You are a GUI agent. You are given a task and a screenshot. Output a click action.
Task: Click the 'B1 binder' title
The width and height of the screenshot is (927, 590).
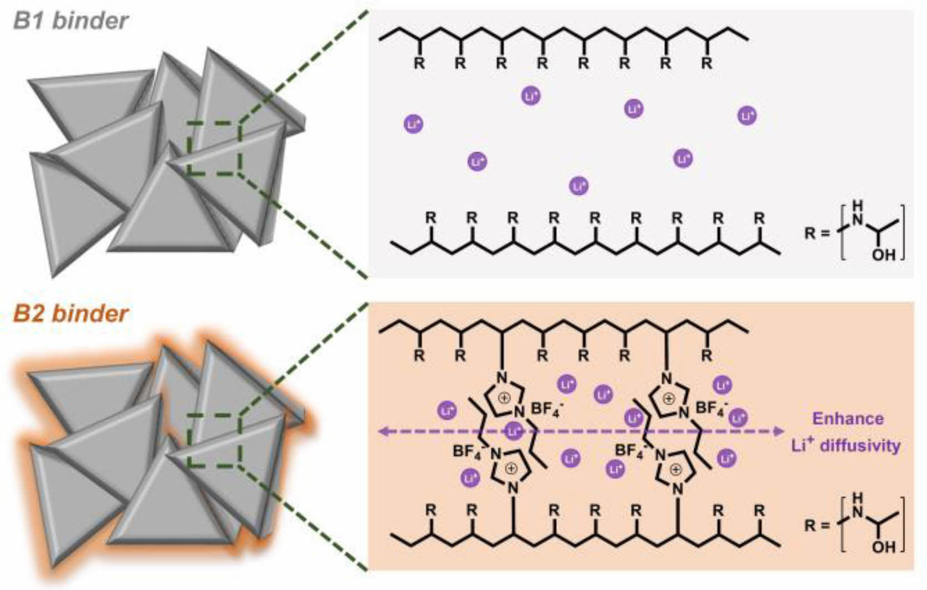[x=71, y=21]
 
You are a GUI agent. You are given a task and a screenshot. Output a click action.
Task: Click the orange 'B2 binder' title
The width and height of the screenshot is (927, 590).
[x=71, y=313]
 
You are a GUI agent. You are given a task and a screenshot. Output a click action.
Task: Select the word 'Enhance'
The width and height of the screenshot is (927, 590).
[x=847, y=418]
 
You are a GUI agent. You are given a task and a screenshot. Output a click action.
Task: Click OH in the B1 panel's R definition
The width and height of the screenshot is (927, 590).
[x=883, y=255]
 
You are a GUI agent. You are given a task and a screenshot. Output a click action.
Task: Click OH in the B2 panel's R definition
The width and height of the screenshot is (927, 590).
[x=883, y=547]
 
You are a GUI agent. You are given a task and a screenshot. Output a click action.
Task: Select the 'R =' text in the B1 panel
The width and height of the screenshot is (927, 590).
[x=816, y=233]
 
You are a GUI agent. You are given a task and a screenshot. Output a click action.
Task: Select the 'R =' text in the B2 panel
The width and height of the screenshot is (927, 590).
[x=816, y=525]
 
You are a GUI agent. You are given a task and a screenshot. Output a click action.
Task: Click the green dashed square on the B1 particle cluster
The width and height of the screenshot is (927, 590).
[x=214, y=148]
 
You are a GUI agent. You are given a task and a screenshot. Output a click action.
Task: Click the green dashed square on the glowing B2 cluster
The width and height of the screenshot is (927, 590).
[x=214, y=440]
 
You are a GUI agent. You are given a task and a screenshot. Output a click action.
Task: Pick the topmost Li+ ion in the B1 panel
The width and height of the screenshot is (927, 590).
[x=531, y=96]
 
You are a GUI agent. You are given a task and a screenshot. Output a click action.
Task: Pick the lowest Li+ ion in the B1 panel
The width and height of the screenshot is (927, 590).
[x=578, y=185]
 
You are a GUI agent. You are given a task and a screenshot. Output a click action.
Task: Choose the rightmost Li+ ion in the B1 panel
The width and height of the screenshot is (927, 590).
[x=747, y=116]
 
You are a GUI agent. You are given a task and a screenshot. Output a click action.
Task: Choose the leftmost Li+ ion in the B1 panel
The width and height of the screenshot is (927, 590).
[x=413, y=124]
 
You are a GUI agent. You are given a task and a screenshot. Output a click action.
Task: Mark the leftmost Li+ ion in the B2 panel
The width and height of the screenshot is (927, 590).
[x=447, y=410]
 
